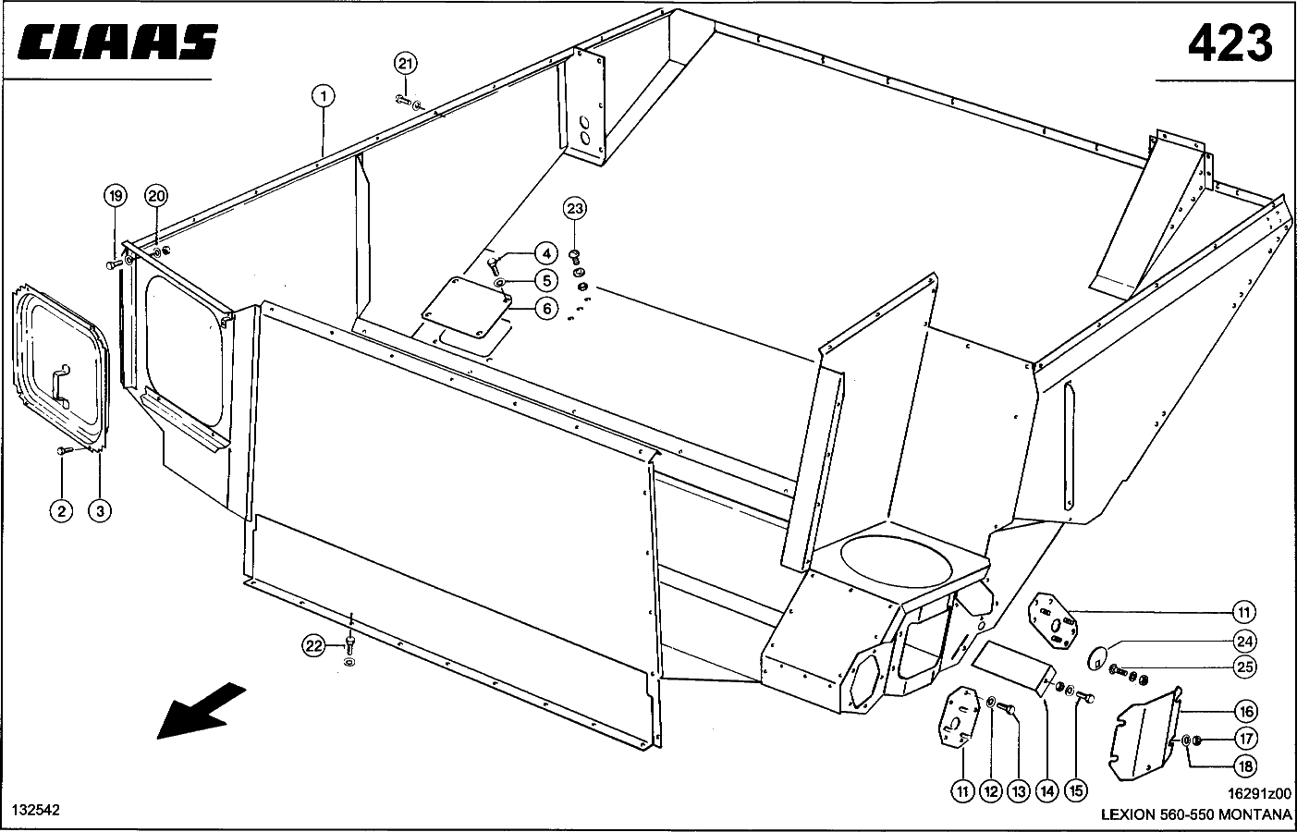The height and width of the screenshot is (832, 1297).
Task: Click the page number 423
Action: (x=1230, y=43)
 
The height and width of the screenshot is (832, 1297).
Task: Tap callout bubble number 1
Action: (x=323, y=95)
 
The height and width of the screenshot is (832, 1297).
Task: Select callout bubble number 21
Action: (x=406, y=64)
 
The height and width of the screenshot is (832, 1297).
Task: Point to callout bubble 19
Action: (x=115, y=196)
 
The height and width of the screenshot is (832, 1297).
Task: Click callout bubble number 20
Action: (x=156, y=196)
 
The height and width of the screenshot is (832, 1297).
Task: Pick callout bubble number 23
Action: (x=575, y=209)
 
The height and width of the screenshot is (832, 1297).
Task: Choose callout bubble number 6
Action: (x=546, y=309)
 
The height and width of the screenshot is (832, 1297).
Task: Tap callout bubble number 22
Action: (x=314, y=646)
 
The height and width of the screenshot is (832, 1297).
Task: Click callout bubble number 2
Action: (x=61, y=510)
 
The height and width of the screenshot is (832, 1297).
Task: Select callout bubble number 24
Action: (x=1244, y=641)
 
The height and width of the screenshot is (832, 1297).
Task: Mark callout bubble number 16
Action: (x=1244, y=711)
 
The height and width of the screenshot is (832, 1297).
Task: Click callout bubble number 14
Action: (x=1046, y=790)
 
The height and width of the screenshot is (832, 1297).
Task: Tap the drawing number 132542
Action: (x=36, y=810)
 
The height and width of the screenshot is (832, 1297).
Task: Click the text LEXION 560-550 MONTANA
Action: (x=1195, y=814)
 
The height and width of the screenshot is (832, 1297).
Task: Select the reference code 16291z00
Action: (x=1258, y=793)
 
